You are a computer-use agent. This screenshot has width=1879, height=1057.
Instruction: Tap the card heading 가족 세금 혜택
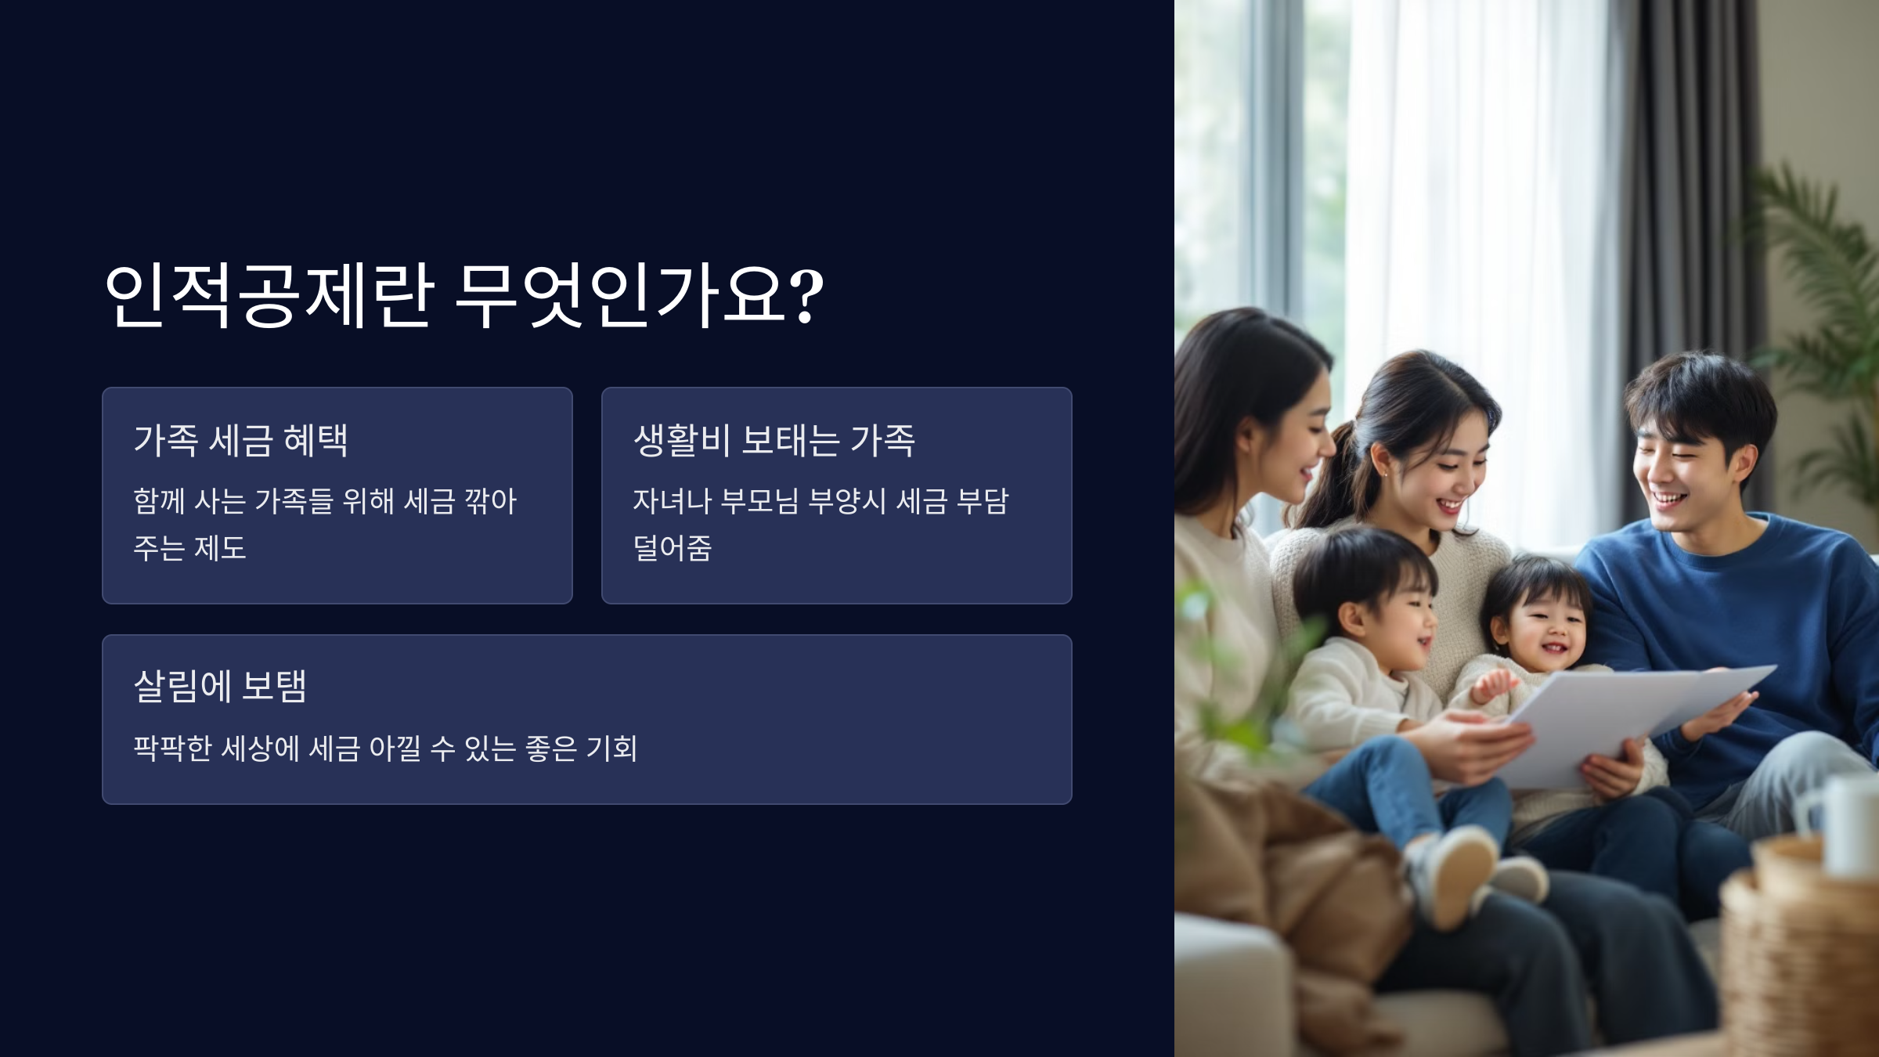240,440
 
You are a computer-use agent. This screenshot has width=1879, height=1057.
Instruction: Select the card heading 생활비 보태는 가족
774,440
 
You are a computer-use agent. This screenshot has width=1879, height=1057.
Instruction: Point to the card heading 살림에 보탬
220,687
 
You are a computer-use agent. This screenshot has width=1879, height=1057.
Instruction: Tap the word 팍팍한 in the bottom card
172,749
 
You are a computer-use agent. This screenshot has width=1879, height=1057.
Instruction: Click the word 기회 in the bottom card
611,749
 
